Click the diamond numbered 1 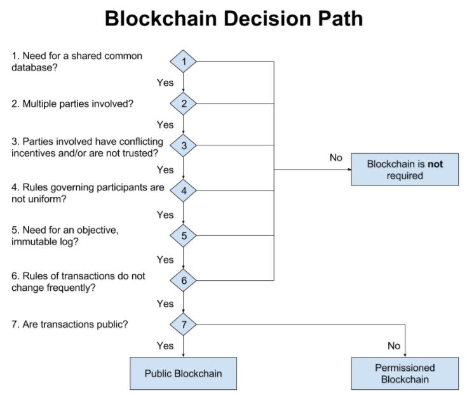[x=183, y=62]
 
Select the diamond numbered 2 [x=183, y=104]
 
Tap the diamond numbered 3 [x=183, y=145]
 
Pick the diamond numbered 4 [x=183, y=191]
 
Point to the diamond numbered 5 [x=183, y=236]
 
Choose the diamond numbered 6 [x=183, y=280]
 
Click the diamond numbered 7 [x=183, y=324]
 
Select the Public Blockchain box [x=183, y=373]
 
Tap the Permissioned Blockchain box [x=405, y=373]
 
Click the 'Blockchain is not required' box [x=405, y=170]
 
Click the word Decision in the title [x=267, y=18]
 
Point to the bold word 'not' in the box [x=435, y=164]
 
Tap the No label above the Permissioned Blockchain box [x=394, y=345]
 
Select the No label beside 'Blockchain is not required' [x=336, y=157]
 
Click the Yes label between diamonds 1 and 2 [x=165, y=83]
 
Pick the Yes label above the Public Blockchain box [x=165, y=345]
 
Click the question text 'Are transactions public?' [x=75, y=324]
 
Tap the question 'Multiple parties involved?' [x=78, y=104]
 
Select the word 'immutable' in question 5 [x=34, y=241]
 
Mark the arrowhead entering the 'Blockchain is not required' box [x=349, y=170]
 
